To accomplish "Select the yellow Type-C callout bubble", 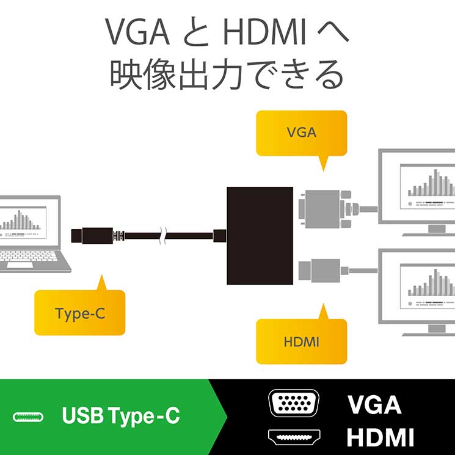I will tap(79, 313).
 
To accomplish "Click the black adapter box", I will tap(261, 235).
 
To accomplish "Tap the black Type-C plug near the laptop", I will tap(92, 235).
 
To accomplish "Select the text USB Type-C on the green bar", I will tap(121, 417).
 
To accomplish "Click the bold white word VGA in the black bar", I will tap(374, 405).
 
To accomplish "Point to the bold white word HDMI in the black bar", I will tap(380, 437).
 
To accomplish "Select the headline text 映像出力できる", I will tap(227, 75).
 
